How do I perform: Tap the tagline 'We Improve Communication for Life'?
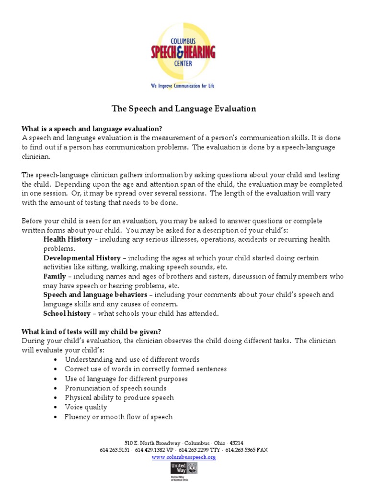(183, 86)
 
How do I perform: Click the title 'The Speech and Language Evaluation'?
(184, 109)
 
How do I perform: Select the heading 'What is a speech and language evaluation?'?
(92, 129)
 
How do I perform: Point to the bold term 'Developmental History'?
(82, 258)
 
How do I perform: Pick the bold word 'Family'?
(55, 277)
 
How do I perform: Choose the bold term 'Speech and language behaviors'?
(95, 295)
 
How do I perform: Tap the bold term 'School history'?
(67, 313)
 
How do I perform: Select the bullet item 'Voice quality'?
(86, 407)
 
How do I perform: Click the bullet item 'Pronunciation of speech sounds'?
(115, 388)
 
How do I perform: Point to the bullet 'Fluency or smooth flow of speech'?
(118, 417)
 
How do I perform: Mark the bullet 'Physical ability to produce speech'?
(119, 398)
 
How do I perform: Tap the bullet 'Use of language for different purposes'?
(126, 379)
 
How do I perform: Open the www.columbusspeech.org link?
(184, 457)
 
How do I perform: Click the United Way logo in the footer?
(184, 469)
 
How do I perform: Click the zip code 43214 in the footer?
(235, 443)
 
